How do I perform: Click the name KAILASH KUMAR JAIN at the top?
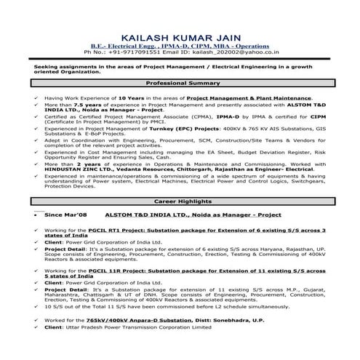(x=180, y=36)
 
